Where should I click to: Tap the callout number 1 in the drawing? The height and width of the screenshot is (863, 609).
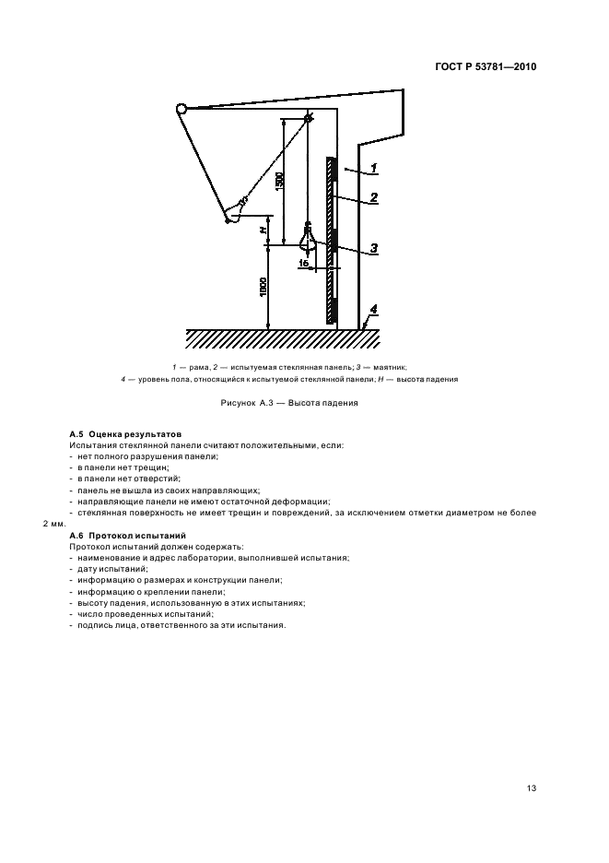(375, 168)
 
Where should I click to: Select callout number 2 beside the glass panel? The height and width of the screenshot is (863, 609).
(375, 196)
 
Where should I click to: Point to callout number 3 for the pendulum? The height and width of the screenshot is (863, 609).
(375, 247)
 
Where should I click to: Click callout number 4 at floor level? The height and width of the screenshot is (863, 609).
(373, 308)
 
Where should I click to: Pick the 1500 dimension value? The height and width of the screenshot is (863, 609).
(278, 181)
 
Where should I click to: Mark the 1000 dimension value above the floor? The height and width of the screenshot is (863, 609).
(264, 287)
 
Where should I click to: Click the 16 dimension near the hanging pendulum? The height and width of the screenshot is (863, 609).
(303, 263)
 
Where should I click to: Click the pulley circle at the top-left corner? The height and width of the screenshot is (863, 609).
(181, 110)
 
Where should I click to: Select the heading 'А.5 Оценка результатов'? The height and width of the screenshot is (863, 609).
(125, 433)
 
